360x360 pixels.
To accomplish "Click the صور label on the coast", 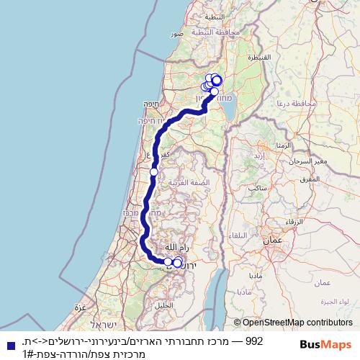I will (176, 33).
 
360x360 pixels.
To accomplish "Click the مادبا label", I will (256, 276).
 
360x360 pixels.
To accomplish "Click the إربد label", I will (259, 155).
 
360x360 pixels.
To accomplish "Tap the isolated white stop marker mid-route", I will (154, 172).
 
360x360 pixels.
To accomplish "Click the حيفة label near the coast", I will (151, 104).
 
